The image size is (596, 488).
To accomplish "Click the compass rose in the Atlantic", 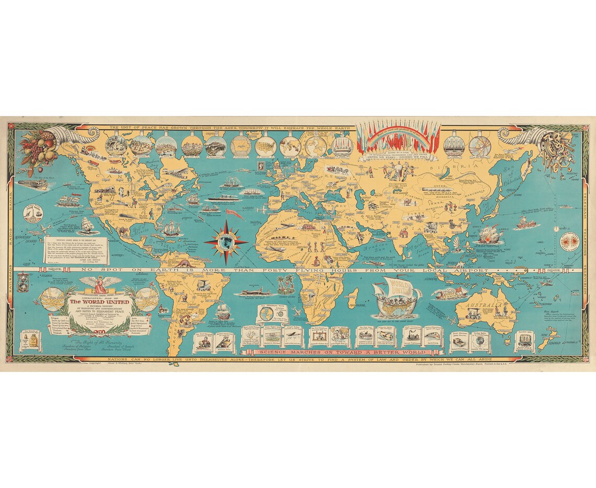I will point(226,241).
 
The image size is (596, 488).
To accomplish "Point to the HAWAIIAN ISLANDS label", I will point(26,240).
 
